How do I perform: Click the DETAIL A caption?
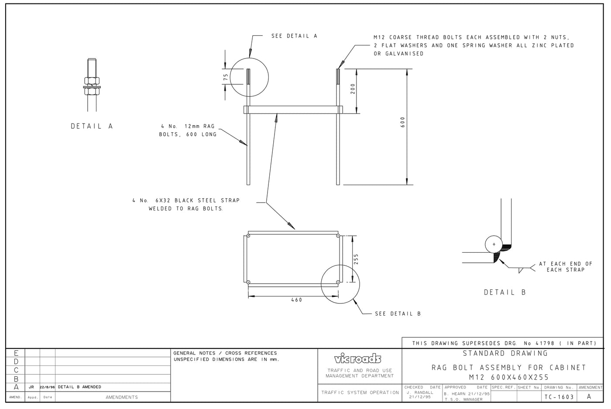92,126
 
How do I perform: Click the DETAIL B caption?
505,292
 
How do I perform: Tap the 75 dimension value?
226,77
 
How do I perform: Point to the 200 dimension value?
353,89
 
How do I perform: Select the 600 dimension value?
402,122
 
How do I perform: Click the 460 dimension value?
296,300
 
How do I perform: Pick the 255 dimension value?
356,259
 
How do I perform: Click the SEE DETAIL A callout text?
294,36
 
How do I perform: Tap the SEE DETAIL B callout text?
398,313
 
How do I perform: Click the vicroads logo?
357,359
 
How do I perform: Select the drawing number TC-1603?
559,397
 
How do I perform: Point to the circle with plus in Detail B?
494,244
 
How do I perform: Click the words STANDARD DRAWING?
505,354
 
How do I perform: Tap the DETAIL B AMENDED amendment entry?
79,387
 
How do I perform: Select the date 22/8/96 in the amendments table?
47,387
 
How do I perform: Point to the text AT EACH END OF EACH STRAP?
565,267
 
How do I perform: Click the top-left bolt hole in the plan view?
248,236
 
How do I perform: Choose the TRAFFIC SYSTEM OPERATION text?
360,392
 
